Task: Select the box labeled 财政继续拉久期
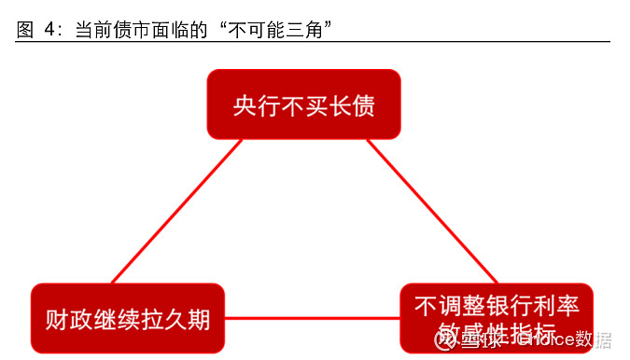[128, 319]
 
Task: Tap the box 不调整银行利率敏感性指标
[497, 319]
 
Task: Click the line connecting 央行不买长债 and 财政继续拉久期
[177, 210]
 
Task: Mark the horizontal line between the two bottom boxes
[313, 319]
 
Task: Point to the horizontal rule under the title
[313, 42]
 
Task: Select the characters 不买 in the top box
[303, 106]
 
